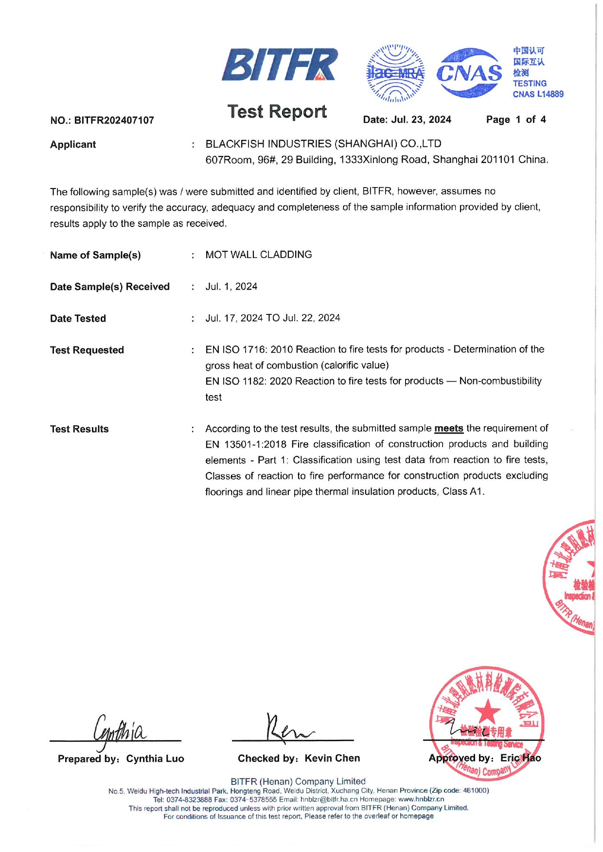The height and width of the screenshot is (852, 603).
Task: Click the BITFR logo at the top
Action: (280, 65)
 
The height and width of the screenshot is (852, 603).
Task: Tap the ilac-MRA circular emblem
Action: (395, 73)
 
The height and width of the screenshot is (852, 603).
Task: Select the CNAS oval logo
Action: (469, 73)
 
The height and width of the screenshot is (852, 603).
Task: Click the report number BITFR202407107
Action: (114, 121)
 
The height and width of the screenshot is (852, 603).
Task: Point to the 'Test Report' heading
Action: (277, 112)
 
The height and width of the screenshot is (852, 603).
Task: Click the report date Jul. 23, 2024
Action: (421, 120)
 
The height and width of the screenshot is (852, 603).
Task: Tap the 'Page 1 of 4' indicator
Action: (515, 120)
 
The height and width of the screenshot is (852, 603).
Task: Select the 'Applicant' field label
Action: (73, 144)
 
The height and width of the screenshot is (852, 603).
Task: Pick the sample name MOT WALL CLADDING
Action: (259, 255)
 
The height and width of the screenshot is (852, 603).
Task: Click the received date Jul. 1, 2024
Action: (231, 287)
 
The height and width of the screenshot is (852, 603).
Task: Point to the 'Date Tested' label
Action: (78, 319)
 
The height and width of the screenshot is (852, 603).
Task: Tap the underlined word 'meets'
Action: (448, 429)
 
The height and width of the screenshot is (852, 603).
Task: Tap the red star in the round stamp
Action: (487, 711)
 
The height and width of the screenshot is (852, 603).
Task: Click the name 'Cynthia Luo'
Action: (155, 759)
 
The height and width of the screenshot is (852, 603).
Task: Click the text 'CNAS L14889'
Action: (538, 94)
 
